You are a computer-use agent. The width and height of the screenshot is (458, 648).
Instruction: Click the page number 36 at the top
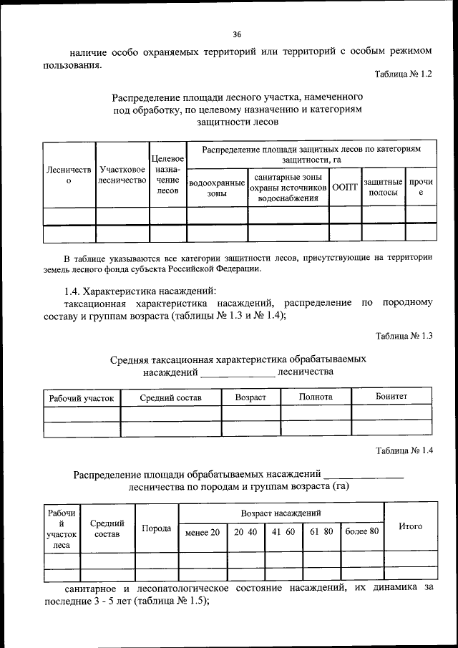[237, 34]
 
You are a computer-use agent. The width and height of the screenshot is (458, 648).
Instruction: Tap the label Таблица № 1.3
[403, 336]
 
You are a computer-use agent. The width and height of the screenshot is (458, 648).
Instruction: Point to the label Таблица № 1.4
[403, 450]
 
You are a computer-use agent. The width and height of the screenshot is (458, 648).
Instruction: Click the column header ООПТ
[345, 187]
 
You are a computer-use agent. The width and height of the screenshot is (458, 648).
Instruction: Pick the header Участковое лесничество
[122, 175]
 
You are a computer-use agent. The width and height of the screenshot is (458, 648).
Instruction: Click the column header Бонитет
[391, 396]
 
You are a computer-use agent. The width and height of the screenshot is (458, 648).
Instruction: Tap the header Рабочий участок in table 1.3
[81, 397]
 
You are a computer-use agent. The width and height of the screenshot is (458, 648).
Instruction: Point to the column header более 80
[361, 531]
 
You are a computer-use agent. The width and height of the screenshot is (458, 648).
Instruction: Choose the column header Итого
[410, 526]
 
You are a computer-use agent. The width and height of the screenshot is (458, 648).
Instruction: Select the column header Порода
[156, 528]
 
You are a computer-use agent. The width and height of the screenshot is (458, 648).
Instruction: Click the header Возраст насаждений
[281, 513]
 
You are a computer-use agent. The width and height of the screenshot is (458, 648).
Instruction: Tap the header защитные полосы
[384, 187]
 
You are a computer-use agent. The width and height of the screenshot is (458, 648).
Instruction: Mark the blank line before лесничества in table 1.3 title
[237, 372]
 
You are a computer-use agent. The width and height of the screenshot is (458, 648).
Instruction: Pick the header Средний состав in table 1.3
[170, 397]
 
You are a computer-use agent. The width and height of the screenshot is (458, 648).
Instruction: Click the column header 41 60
[283, 531]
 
